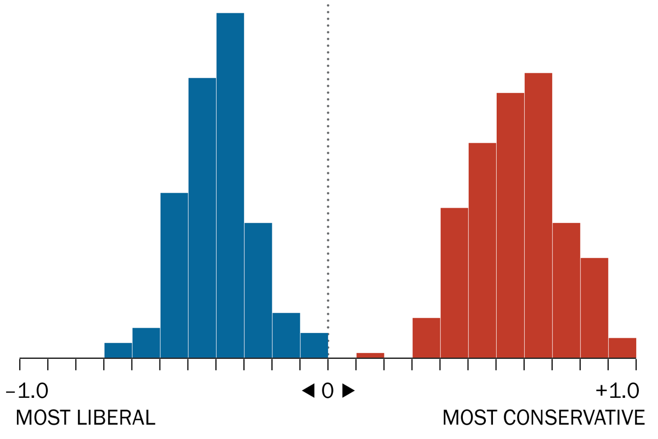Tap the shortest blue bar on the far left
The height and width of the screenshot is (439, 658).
point(118,351)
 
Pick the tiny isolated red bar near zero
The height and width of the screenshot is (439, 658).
point(370,356)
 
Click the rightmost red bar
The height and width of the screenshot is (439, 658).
point(622,348)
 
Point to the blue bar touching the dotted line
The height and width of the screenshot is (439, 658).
point(314,346)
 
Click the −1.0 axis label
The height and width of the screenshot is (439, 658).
point(27,391)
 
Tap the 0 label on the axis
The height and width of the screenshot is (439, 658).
point(327,391)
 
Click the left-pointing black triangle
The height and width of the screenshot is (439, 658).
point(308,391)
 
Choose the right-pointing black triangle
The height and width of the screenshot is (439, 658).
point(348,391)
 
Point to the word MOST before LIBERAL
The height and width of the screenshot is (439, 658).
point(41,418)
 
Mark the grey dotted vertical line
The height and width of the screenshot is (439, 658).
point(328,165)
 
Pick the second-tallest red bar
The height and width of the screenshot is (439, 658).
point(510,225)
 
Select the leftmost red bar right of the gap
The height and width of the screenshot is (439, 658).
point(426,338)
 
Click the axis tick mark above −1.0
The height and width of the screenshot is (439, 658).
point(20,363)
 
